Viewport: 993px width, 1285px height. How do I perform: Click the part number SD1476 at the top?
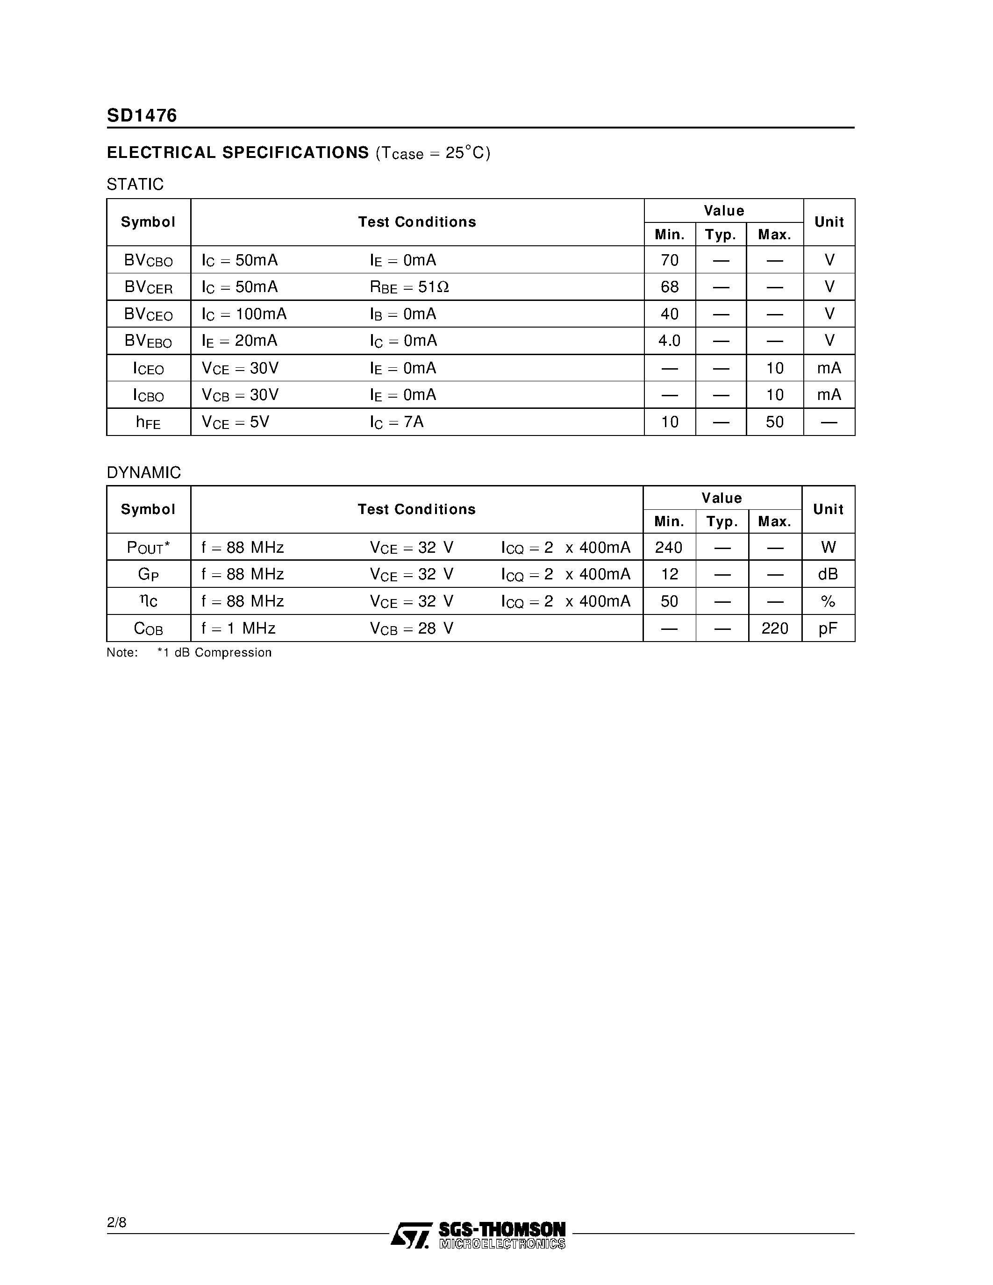pos(142,115)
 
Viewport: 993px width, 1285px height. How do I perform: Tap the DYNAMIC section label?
pos(143,472)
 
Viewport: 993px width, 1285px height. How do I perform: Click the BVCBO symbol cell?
pos(148,261)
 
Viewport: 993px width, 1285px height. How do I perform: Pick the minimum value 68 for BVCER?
pos(670,287)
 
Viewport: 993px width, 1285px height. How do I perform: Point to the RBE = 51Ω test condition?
pos(409,287)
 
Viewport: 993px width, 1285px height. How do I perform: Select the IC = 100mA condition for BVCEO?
pos(244,314)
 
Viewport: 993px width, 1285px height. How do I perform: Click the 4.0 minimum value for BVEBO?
pos(670,341)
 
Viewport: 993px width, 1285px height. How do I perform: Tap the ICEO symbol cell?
pos(148,369)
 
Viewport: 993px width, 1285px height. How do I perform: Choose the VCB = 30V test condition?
pos(240,395)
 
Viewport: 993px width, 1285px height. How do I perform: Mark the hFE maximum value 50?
pos(774,422)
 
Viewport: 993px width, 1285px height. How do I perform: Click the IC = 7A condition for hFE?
pos(397,422)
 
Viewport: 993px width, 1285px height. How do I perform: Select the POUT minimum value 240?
pos(669,548)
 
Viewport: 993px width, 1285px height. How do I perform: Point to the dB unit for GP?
pos(828,574)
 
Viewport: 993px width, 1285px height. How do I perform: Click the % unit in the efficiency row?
pos(828,601)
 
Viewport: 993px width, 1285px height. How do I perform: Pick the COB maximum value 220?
pos(774,628)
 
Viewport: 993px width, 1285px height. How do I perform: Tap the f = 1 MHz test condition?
pos(238,628)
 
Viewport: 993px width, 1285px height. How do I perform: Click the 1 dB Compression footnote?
pos(214,652)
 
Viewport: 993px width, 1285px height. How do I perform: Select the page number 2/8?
pos(116,1223)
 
